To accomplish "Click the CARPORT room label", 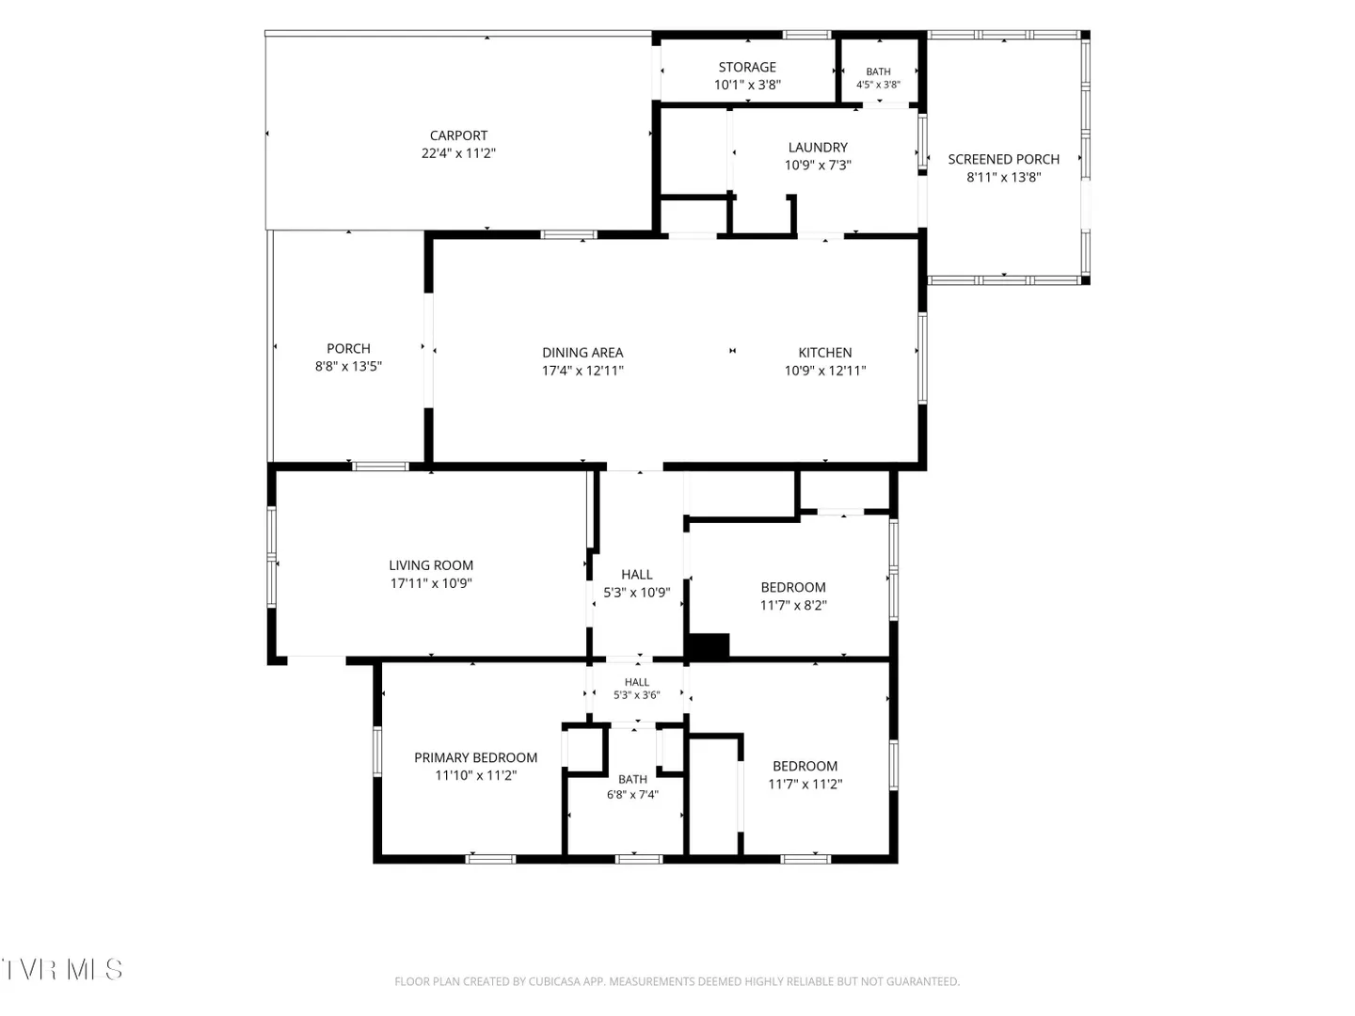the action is click(458, 135).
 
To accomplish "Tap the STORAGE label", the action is click(747, 67).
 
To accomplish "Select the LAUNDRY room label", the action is click(818, 148).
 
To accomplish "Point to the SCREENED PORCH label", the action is click(1004, 159).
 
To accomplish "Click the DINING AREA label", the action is click(582, 353).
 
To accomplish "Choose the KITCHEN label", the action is click(824, 353).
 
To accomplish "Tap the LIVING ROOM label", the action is click(431, 565).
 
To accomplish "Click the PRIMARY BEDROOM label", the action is click(475, 757).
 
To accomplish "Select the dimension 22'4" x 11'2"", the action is click(458, 153).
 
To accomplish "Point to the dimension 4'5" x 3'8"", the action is click(878, 85).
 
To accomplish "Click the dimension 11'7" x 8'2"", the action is click(793, 605).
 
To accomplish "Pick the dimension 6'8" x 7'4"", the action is click(632, 795).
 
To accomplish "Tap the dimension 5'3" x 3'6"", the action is click(636, 695).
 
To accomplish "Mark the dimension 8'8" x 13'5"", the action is click(348, 367).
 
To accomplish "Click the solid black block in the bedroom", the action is click(709, 645).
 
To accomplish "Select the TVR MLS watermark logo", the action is click(62, 970).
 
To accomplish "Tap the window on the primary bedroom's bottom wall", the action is click(490, 859).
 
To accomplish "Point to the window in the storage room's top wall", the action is click(807, 35).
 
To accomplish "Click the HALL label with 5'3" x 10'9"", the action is click(636, 575).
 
